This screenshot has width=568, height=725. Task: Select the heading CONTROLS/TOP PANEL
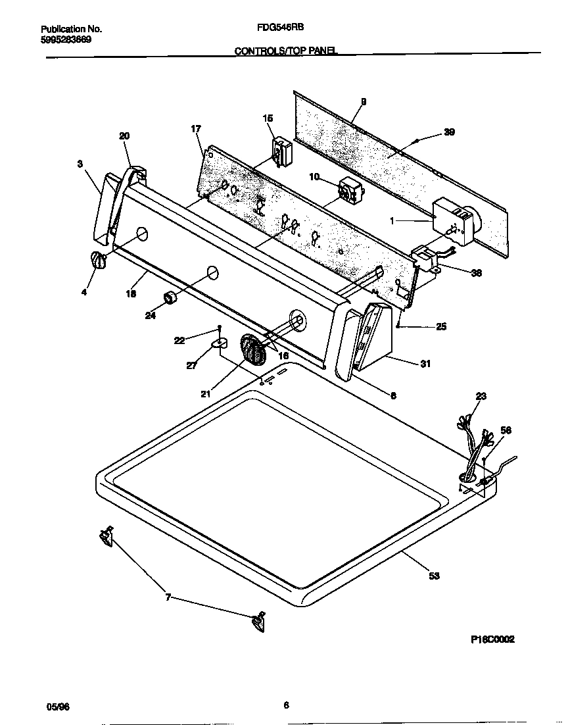(286, 50)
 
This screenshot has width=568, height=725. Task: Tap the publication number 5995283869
(66, 39)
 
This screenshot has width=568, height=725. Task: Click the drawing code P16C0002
(492, 639)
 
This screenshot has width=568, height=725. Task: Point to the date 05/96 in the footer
(58, 706)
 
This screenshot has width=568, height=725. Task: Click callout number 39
(449, 132)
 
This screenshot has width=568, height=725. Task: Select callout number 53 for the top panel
(434, 576)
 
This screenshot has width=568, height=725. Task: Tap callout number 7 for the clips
(168, 597)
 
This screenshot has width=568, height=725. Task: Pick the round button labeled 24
(172, 298)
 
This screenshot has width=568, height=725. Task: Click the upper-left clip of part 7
(105, 536)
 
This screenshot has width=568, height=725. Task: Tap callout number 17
(196, 129)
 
